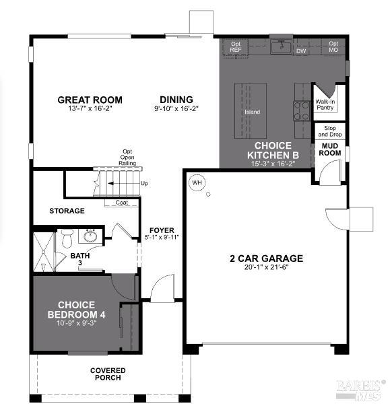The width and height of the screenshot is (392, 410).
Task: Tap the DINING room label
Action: (x=176, y=100)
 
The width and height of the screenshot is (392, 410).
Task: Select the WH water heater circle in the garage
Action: (x=197, y=182)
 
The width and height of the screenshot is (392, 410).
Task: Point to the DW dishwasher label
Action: (x=301, y=50)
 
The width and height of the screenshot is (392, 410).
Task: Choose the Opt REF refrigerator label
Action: (x=236, y=47)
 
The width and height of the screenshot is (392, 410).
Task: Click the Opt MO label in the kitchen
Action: (x=333, y=47)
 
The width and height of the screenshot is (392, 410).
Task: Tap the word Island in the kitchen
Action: (x=252, y=112)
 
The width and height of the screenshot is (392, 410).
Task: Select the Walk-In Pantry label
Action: (x=325, y=104)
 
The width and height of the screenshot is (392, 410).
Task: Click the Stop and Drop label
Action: (x=330, y=131)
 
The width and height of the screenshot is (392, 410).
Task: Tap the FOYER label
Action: (x=161, y=230)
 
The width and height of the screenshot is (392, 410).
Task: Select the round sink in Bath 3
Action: (x=90, y=236)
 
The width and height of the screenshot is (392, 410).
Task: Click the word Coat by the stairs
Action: (x=122, y=202)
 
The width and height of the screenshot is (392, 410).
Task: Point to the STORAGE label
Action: (x=67, y=211)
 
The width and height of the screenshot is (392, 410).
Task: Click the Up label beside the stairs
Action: (x=144, y=183)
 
